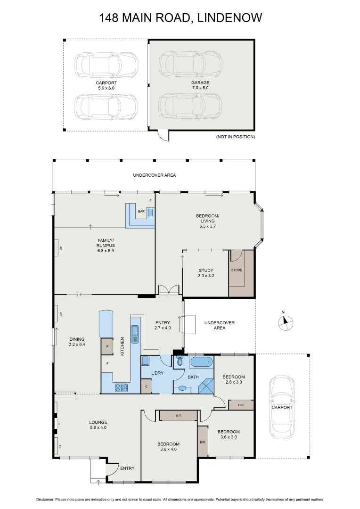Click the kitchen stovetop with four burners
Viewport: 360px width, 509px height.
[122, 388]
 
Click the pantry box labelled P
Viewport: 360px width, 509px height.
[107, 346]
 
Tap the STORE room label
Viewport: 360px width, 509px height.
[237, 271]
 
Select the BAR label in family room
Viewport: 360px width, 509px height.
[141, 212]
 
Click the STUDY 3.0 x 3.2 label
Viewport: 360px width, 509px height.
[206, 273]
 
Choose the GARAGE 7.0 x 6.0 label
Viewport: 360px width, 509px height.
[200, 85]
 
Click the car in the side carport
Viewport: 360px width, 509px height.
[282, 407]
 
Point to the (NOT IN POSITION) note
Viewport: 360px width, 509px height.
[235, 137]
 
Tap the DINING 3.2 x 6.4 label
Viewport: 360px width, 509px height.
[77, 342]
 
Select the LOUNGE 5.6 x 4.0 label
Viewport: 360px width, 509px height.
[98, 425]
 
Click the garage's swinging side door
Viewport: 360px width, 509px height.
[162, 135]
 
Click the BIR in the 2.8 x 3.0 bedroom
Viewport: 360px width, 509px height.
[241, 405]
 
